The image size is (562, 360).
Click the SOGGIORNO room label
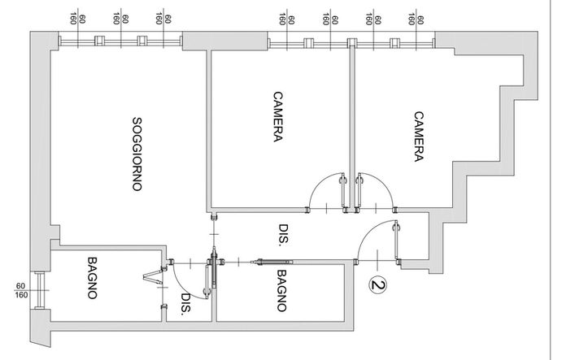pyautogui.click(x=137, y=154)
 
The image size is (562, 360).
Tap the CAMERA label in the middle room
pyautogui.click(x=278, y=117)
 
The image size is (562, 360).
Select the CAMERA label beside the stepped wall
pyautogui.click(x=419, y=137)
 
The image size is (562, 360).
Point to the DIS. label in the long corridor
pyautogui.click(x=284, y=235)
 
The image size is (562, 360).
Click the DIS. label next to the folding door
pyautogui.click(x=186, y=304)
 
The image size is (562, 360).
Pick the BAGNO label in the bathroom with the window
pyautogui.click(x=93, y=278)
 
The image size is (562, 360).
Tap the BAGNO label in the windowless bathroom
pyautogui.click(x=281, y=290)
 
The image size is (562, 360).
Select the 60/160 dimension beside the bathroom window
pyautogui.click(x=21, y=290)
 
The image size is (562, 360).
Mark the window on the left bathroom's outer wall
pyautogui.click(x=39, y=290)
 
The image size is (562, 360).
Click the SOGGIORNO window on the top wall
pyautogui.click(x=120, y=41)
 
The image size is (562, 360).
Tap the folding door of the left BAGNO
pyautogui.click(x=154, y=278)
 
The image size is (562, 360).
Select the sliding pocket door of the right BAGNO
pyautogui.click(x=272, y=262)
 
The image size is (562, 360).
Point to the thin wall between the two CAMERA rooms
pyautogui.click(x=352, y=125)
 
